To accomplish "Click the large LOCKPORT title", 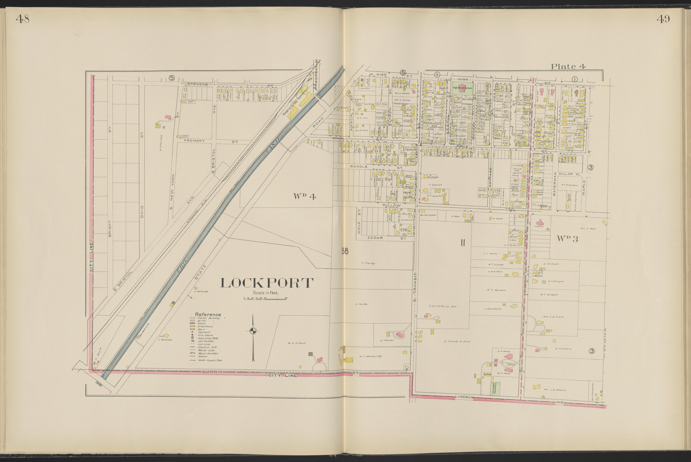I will [x=266, y=283].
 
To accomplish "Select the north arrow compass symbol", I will [x=253, y=331].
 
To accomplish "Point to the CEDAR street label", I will [x=375, y=238].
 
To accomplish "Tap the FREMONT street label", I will [x=194, y=141].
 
